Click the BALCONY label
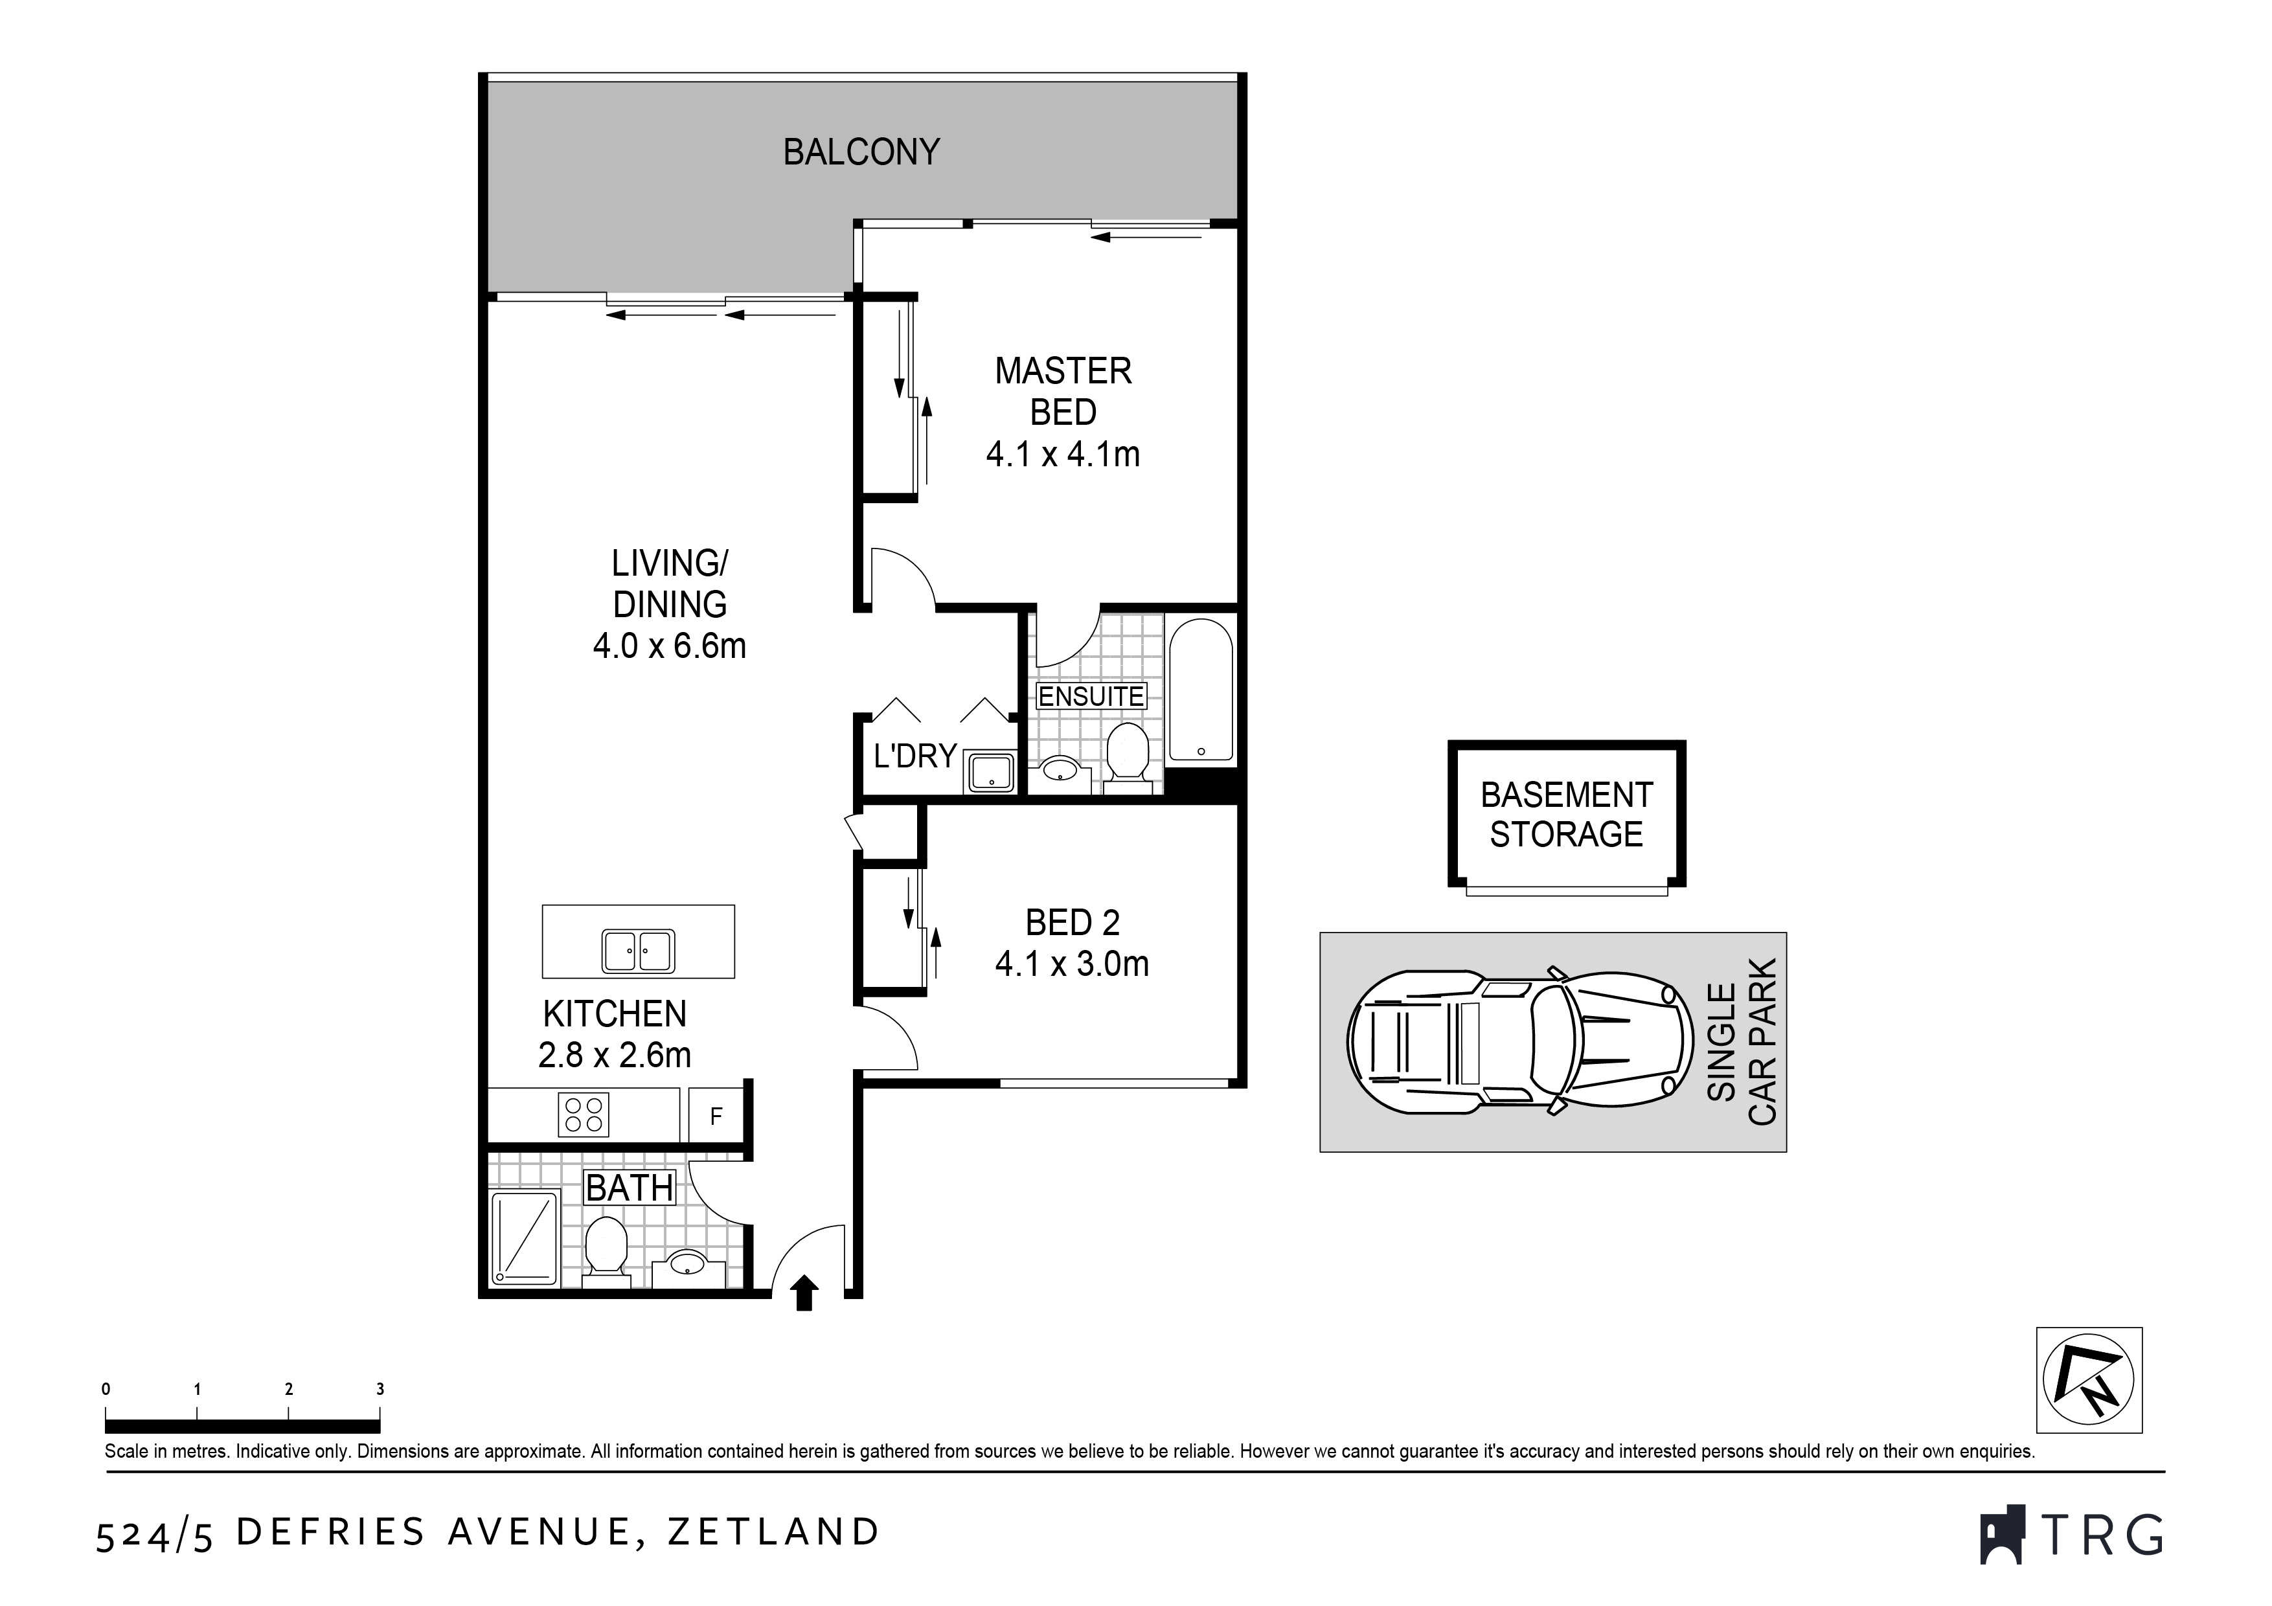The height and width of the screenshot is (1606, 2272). point(861,152)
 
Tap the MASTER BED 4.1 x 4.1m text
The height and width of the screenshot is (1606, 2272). point(1063,413)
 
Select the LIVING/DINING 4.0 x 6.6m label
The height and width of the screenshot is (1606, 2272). point(670,605)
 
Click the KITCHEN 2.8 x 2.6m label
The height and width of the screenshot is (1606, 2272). point(615,1034)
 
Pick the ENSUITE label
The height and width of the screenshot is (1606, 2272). point(1091,697)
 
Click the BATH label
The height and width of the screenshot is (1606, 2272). point(630,1188)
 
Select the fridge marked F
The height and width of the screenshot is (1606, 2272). point(716,1117)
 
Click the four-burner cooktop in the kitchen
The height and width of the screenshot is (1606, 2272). point(583,1114)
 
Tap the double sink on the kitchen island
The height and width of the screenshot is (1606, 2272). point(638,952)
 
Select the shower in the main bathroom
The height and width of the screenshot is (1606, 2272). point(525,1238)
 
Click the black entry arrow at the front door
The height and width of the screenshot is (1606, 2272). point(804,1293)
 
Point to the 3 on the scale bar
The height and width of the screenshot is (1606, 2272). point(380,1389)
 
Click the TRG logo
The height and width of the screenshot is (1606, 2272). point(2071,1537)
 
